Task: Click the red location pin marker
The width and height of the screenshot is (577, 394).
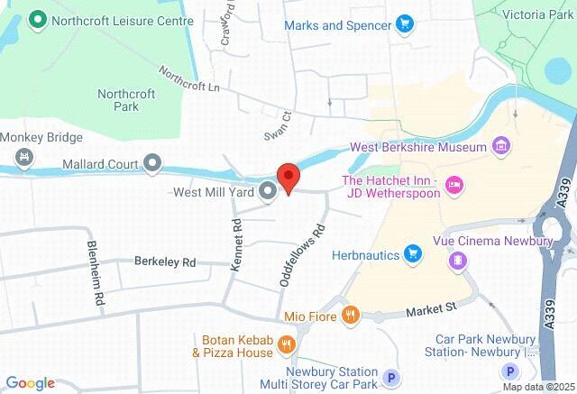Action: [x=288, y=178]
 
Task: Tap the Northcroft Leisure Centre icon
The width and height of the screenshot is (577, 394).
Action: [x=38, y=19]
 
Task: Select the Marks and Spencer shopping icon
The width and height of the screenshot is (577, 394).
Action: [x=405, y=24]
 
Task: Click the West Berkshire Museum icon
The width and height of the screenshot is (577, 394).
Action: [x=502, y=146]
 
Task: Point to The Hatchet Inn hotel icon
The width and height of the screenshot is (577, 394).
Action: [x=454, y=184]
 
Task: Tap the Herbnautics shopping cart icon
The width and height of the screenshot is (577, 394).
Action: [x=413, y=254]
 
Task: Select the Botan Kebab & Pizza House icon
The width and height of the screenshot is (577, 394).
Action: [x=286, y=344]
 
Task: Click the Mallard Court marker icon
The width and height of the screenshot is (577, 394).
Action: [x=153, y=163]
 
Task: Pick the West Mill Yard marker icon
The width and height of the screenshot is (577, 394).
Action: [x=268, y=191]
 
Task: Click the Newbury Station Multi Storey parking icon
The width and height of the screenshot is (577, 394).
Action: [x=391, y=378]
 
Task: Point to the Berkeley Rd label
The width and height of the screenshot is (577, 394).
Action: [x=165, y=262]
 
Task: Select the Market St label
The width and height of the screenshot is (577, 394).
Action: [x=432, y=310]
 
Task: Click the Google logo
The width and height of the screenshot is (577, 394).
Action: [x=29, y=383]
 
